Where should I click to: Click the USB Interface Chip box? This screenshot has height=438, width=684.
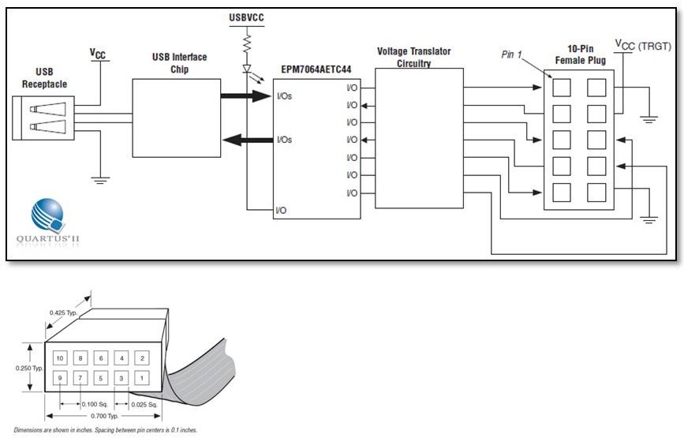point(176,118)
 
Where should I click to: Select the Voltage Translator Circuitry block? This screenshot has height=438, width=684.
point(419,138)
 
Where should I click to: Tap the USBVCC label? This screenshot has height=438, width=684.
point(246,18)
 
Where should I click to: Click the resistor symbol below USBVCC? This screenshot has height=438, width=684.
point(247,43)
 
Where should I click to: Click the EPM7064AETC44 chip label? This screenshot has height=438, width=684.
point(316,69)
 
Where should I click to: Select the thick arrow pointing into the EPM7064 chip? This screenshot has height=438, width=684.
point(245,96)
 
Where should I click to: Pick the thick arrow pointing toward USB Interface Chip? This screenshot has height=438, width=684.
point(248,140)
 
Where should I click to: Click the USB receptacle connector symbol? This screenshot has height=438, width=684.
point(43,118)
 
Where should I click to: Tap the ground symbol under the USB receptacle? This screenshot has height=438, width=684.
point(100,180)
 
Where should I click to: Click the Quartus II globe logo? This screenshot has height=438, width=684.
point(48,216)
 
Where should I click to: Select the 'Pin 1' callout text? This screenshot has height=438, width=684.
point(511,54)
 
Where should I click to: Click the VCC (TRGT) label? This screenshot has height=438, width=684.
point(643,45)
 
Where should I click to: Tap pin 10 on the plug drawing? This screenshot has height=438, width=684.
point(60,358)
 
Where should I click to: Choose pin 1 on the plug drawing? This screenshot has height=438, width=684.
point(142,378)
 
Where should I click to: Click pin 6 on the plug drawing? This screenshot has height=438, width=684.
point(101,358)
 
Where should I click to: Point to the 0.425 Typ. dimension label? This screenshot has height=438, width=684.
point(63,313)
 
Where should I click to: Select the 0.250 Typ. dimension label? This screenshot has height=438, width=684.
point(29,369)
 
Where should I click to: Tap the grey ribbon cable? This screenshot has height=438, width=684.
point(200,373)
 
